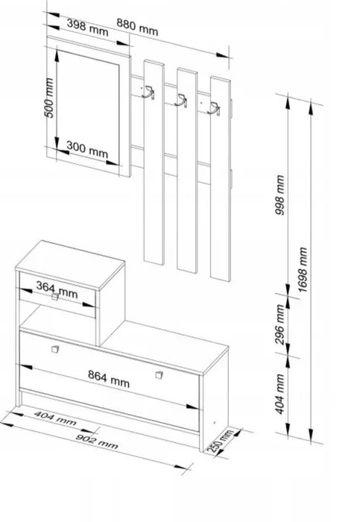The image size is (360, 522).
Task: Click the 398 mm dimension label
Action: click(x=87, y=28)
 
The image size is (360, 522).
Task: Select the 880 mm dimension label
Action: click(x=137, y=27)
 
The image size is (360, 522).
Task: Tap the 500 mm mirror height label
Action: click(x=48, y=98)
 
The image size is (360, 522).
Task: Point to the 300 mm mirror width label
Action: click(x=87, y=149)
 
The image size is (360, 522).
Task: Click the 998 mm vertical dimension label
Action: click(x=280, y=195)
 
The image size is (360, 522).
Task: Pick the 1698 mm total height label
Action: click(x=302, y=270)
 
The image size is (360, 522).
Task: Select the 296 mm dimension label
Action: click(x=280, y=324)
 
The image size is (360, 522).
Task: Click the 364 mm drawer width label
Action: click(x=57, y=290)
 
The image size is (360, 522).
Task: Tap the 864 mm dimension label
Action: click(x=109, y=379)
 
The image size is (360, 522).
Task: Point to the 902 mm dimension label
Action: click(x=97, y=441)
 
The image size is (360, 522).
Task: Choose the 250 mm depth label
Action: click(x=219, y=441)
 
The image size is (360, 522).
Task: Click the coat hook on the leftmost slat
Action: click(x=148, y=92)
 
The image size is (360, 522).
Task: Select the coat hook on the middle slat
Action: click(x=180, y=100)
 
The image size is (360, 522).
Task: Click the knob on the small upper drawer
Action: click(x=55, y=297)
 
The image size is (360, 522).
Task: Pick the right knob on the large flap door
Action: click(x=160, y=375)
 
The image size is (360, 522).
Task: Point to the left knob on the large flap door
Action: click(x=55, y=349)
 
